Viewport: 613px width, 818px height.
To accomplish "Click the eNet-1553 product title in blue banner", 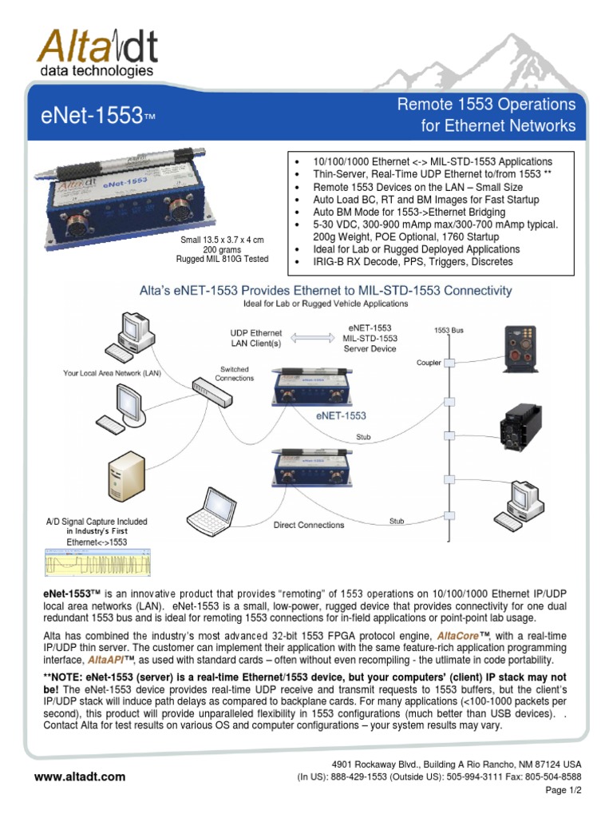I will pyautogui.click(x=95, y=117).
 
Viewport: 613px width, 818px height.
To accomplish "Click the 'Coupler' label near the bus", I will pyautogui.click(x=429, y=362).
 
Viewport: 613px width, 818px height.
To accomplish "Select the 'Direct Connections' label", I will pyautogui.click(x=309, y=525).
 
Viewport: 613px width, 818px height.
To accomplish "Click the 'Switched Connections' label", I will pyautogui.click(x=234, y=373).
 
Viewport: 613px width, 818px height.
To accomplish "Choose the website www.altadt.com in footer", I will pyautogui.click(x=80, y=776).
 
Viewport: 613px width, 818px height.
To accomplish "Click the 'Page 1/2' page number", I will pyautogui.click(x=564, y=788).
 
